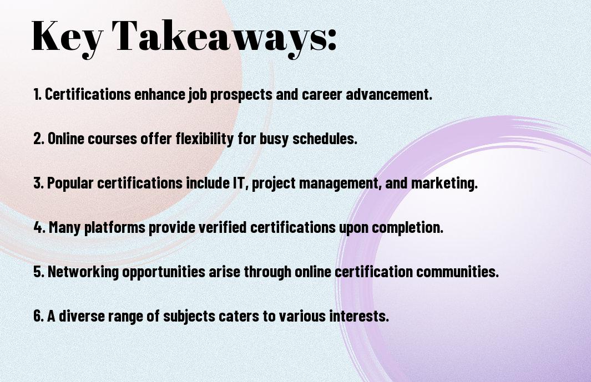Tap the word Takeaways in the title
[219, 38]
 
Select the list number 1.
[37, 94]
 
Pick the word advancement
[389, 94]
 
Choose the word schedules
[325, 139]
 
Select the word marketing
[444, 184]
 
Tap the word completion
[407, 228]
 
